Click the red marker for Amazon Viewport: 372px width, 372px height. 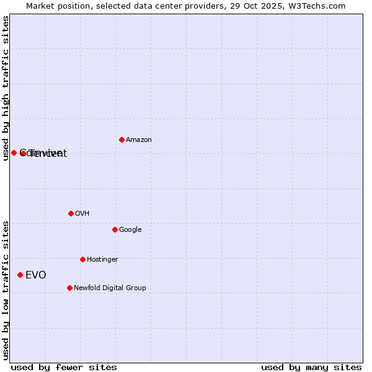122,139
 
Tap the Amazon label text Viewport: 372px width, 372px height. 139,140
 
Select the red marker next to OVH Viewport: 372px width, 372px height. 71,213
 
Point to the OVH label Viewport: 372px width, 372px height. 82,214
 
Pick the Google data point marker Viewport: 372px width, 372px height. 115,229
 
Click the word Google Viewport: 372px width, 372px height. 130,230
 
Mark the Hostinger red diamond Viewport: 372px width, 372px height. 82,259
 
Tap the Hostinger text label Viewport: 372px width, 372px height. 102,260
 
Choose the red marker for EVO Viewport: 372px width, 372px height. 20,275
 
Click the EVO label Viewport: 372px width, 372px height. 35,275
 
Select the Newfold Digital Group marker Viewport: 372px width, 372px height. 69,288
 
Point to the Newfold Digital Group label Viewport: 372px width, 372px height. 110,288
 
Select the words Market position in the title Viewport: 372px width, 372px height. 55,6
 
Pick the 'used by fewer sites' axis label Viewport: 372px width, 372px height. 64,367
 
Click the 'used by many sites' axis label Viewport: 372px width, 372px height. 311,367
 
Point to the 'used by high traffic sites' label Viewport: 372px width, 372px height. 6,88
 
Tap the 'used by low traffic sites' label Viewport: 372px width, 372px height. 6,290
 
